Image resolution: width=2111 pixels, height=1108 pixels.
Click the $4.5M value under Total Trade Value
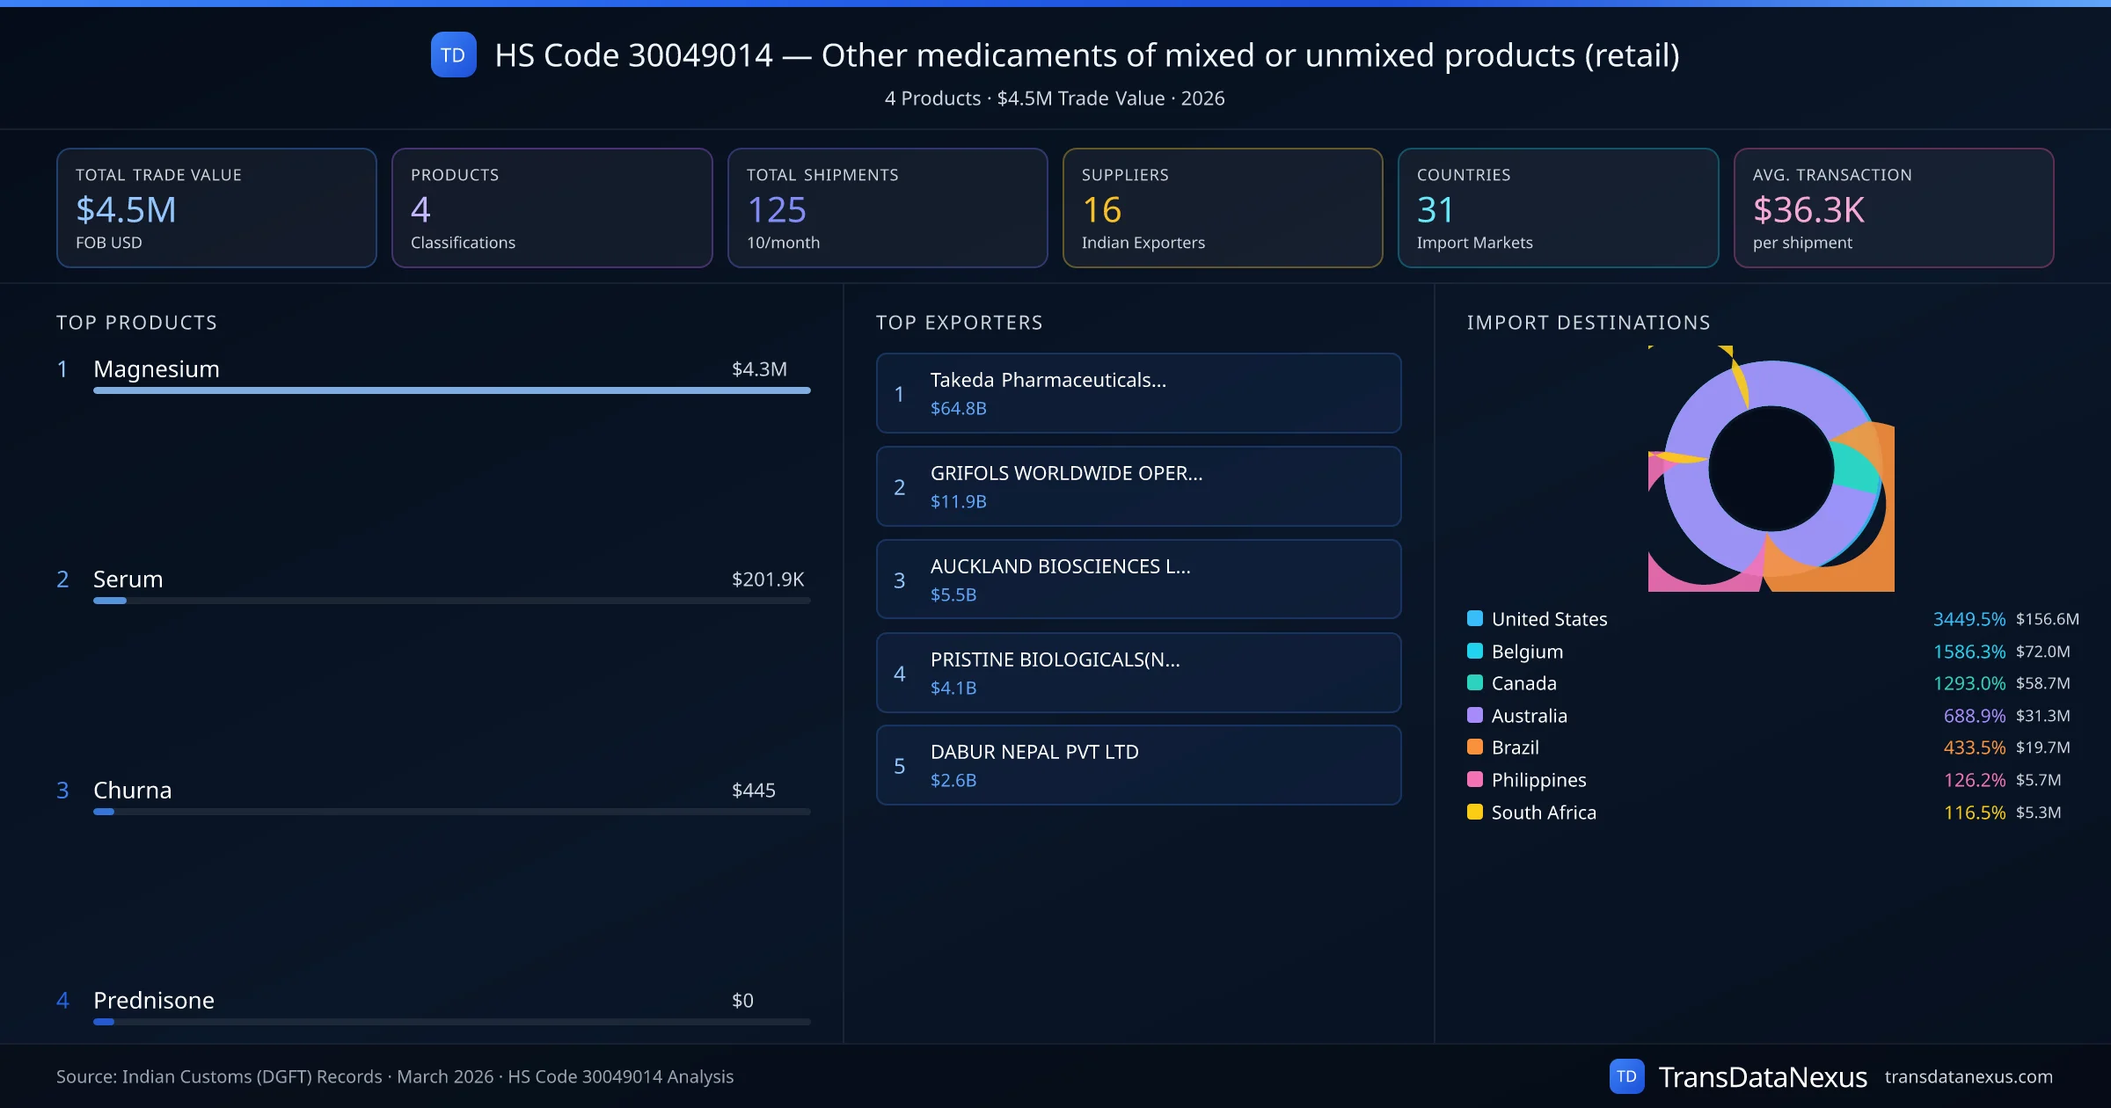tap(126, 209)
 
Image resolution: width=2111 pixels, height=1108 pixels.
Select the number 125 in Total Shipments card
tap(776, 209)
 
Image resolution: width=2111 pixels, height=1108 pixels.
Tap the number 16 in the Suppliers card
tap(1101, 209)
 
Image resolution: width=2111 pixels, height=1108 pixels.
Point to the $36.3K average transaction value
tap(1808, 209)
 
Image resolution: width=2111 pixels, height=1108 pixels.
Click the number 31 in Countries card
tap(1435, 209)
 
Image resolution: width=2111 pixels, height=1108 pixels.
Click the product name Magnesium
tap(157, 368)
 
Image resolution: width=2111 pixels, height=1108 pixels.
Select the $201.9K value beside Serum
tap(767, 579)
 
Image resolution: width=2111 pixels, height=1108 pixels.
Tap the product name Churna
tap(132, 790)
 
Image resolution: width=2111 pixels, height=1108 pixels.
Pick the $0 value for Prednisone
tap(742, 1000)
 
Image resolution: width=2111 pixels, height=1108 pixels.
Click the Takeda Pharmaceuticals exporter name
tap(1048, 380)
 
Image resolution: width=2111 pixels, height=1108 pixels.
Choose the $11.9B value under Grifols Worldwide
tap(958, 501)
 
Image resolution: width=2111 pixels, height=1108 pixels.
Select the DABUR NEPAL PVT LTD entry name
tap(1034, 752)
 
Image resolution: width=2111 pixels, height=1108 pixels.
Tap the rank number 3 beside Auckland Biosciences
tap(899, 580)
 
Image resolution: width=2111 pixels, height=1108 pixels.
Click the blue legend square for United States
tap(1475, 618)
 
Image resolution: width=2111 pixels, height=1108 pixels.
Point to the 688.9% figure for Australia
tap(1974, 716)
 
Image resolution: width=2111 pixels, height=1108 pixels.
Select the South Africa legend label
tap(1543, 813)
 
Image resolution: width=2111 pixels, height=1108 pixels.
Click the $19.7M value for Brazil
tap(2042, 747)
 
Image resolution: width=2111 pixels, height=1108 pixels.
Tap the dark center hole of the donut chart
tap(1771, 469)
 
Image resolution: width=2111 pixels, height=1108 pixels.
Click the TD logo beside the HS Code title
tap(453, 55)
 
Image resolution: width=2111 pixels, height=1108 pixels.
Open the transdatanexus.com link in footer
tap(1969, 1076)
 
